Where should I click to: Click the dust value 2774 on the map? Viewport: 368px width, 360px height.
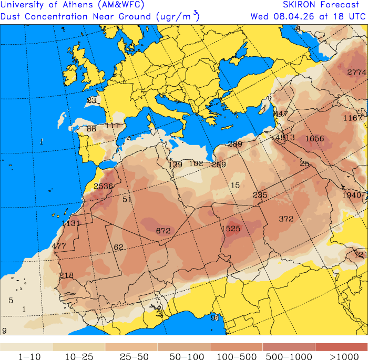click(356, 73)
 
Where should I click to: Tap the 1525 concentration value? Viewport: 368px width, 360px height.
click(231, 229)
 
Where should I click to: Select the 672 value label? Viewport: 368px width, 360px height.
click(163, 231)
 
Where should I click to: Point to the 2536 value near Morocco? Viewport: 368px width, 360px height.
click(103, 186)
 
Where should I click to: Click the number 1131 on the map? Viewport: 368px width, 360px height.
click(71, 223)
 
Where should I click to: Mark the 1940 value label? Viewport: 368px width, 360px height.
click(352, 195)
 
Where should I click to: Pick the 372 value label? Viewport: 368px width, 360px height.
click(286, 219)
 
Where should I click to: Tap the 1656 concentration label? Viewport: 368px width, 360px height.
click(314, 138)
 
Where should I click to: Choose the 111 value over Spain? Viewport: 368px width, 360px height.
click(113, 126)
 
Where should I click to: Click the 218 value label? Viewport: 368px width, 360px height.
click(67, 275)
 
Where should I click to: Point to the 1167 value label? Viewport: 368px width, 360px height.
click(353, 118)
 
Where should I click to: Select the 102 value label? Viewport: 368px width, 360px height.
click(196, 163)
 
